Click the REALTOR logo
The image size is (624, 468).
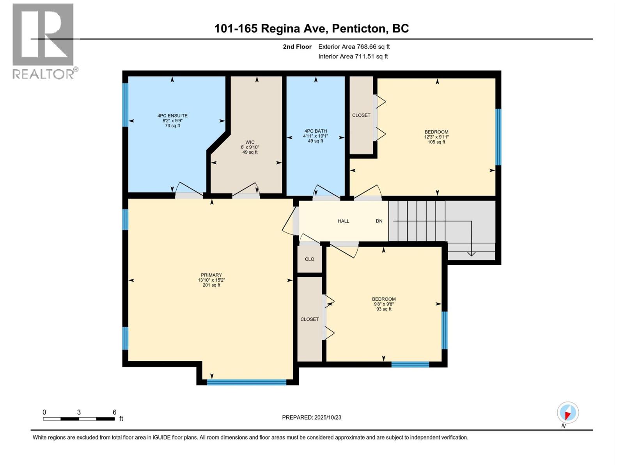click(x=43, y=41)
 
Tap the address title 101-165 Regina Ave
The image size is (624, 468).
click(x=311, y=28)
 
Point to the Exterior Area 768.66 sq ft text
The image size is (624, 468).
click(x=354, y=47)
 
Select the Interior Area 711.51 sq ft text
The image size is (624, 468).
click(x=353, y=57)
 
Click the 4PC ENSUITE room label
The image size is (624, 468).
click(x=172, y=120)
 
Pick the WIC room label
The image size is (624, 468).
click(x=250, y=147)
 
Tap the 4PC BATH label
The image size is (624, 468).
click(x=316, y=136)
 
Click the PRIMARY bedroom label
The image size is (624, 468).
click(x=211, y=280)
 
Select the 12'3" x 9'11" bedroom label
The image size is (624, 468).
click(x=436, y=137)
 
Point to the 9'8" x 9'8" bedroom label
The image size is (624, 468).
click(x=384, y=304)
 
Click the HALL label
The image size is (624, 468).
click(x=343, y=221)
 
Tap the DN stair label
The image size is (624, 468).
click(x=379, y=221)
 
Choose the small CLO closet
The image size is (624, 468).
click(x=310, y=259)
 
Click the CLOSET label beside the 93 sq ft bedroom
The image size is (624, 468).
click(x=310, y=319)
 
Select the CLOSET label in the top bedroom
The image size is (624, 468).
click(x=361, y=115)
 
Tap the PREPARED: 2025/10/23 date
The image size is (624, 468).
click(x=312, y=417)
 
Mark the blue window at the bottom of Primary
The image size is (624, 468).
click(x=246, y=382)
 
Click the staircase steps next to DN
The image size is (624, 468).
click(x=417, y=221)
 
